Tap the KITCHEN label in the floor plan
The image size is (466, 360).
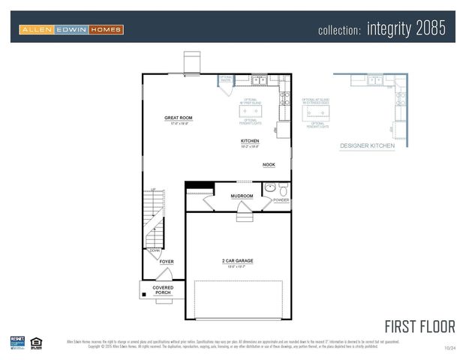[x=250, y=141]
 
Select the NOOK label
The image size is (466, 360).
[x=268, y=164]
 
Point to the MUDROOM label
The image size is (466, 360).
[x=242, y=196]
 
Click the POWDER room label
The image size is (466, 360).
[x=281, y=200]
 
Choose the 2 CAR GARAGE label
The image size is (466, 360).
[x=237, y=261]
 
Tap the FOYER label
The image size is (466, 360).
[x=166, y=262]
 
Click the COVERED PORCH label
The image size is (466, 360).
[x=163, y=290]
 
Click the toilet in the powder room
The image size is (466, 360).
[x=282, y=188]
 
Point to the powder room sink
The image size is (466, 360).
[x=269, y=188]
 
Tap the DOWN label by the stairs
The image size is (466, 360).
[x=155, y=250]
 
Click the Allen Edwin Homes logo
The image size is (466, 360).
[x=72, y=29]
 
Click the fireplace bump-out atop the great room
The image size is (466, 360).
[x=193, y=62]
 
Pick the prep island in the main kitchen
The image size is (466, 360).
[x=250, y=111]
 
